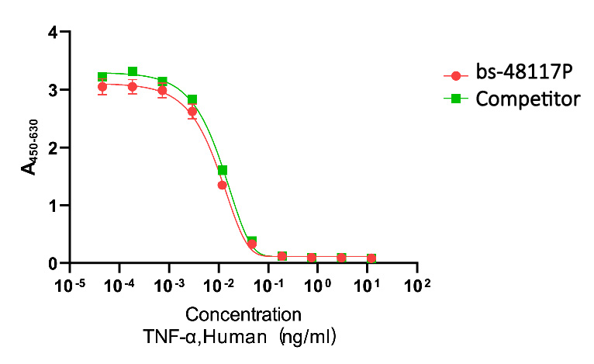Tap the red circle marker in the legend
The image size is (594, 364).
click(456, 76)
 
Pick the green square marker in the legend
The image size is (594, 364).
click(456, 99)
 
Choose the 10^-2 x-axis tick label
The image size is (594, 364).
click(219, 284)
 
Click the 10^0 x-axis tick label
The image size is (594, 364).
click(318, 284)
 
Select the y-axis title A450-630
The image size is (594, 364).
click(31, 147)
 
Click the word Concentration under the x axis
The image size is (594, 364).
click(243, 315)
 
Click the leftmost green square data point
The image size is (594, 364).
click(102, 77)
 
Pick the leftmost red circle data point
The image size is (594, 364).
click(102, 86)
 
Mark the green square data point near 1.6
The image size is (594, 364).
click(223, 170)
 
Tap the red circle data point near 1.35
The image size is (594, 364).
click(222, 185)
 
